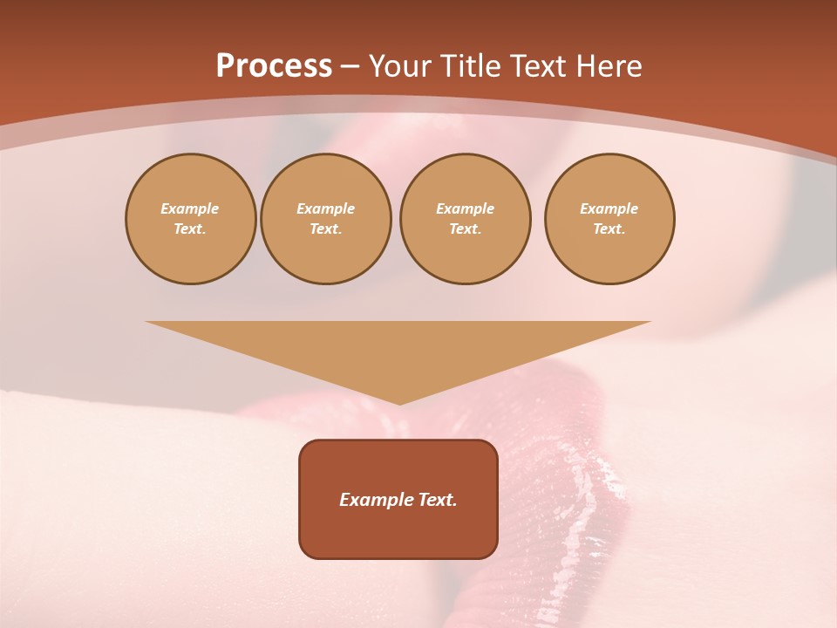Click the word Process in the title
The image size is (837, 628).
point(274,66)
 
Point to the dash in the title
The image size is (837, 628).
point(350,67)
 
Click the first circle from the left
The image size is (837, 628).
point(191,219)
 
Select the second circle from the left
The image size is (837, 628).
point(326,219)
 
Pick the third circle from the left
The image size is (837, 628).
point(466,219)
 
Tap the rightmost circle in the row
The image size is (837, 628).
point(609,219)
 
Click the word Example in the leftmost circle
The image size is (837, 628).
point(190,208)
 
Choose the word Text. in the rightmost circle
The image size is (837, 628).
point(609,229)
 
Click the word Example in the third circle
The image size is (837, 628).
point(466,208)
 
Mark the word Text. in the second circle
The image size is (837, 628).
point(326,229)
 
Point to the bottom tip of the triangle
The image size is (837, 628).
point(399,403)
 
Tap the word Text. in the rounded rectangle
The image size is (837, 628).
point(437,500)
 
